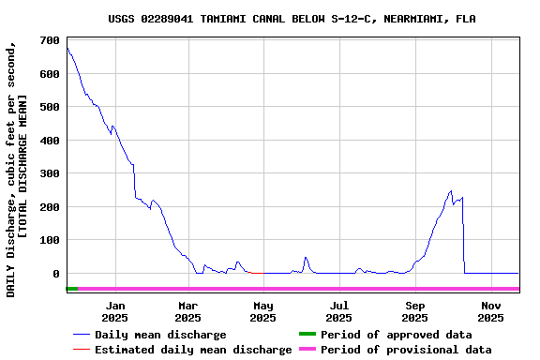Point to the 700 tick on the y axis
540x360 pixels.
coord(51,41)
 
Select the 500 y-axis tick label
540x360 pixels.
coord(51,107)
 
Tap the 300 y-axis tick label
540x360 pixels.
coord(51,173)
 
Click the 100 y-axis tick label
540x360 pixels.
coord(51,240)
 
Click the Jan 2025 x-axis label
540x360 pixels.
coord(115,311)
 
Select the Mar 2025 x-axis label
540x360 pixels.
coord(188,311)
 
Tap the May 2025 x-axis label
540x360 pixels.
coord(263,311)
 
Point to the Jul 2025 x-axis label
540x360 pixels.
coord(338,311)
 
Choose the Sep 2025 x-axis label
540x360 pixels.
coord(414,311)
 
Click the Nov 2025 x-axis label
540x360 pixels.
coord(490,311)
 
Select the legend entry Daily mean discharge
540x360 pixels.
coord(160,335)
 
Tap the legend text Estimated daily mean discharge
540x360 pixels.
coord(193,350)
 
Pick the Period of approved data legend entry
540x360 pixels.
coord(396,335)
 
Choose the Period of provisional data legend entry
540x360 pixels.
coord(405,350)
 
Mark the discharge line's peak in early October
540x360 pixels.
coord(451,191)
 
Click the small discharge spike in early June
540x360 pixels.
coord(306,257)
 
